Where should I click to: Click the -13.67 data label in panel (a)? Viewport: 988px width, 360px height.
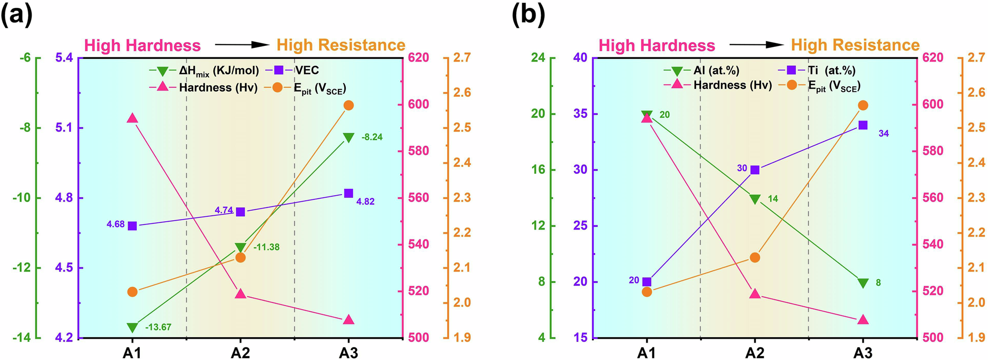[x=158, y=327]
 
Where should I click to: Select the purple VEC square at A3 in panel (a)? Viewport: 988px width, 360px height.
[x=348, y=193]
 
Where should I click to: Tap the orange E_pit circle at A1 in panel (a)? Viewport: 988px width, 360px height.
[x=132, y=292]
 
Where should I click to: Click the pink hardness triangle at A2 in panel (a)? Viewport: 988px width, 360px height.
[x=241, y=293]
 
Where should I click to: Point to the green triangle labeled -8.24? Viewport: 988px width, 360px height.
[x=348, y=137]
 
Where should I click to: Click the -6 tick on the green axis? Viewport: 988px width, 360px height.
[x=25, y=58]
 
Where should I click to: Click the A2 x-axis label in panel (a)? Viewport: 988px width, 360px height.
[x=241, y=353]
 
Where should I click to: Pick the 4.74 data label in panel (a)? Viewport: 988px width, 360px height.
[x=224, y=210]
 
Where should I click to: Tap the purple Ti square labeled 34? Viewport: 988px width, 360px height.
[x=863, y=125]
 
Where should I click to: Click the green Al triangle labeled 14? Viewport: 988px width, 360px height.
[x=755, y=199]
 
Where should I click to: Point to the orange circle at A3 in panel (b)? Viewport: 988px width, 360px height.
[x=863, y=105]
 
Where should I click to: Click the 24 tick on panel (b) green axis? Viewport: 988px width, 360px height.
[x=538, y=58]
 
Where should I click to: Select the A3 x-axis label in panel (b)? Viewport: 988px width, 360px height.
[x=863, y=353]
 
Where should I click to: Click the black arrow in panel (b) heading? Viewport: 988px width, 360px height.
[x=756, y=45]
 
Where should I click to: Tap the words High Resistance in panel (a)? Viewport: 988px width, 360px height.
[x=341, y=45]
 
